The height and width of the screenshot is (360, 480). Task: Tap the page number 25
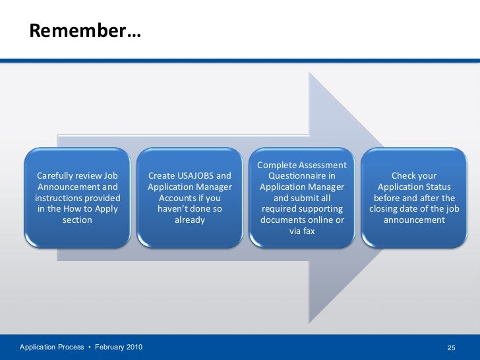pyautogui.click(x=452, y=347)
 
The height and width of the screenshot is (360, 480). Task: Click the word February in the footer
pyautogui.click(x=110, y=347)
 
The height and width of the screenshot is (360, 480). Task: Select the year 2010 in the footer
pyautogui.click(x=133, y=347)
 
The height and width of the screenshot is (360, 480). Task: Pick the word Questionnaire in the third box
pyautogui.click(x=301, y=176)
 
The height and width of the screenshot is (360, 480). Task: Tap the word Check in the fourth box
pyautogui.click(x=404, y=176)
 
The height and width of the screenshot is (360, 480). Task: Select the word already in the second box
pyautogui.click(x=190, y=220)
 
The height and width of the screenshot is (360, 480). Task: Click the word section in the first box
pyautogui.click(x=77, y=220)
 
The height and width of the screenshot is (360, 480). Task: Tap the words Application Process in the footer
pyautogui.click(x=51, y=347)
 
